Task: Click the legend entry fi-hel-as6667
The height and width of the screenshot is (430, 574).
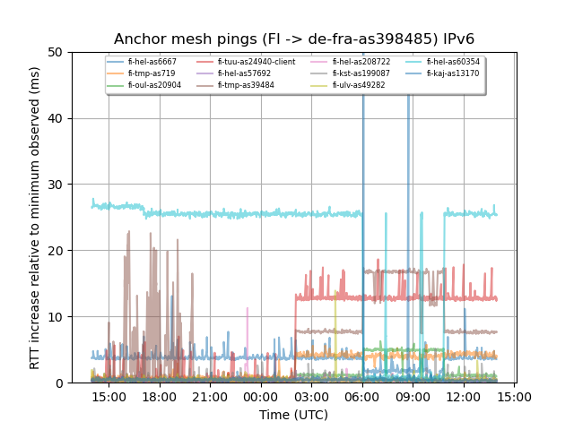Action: (x=152, y=62)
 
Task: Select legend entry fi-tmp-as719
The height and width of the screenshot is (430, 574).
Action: (x=150, y=73)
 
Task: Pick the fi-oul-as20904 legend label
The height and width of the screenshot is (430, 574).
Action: (x=154, y=85)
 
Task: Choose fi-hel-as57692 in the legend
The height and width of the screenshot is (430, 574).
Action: (x=244, y=73)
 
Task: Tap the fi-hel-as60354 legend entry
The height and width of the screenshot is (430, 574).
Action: (x=453, y=62)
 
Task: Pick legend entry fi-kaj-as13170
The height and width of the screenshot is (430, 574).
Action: (x=452, y=73)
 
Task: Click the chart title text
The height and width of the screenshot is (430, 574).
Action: (x=294, y=39)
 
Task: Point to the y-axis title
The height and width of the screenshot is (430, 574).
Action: (x=35, y=218)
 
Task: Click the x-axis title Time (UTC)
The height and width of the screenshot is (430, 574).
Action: (x=294, y=415)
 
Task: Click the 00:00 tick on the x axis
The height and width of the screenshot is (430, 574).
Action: (x=261, y=396)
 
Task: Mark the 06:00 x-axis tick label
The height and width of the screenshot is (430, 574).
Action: (x=362, y=396)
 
